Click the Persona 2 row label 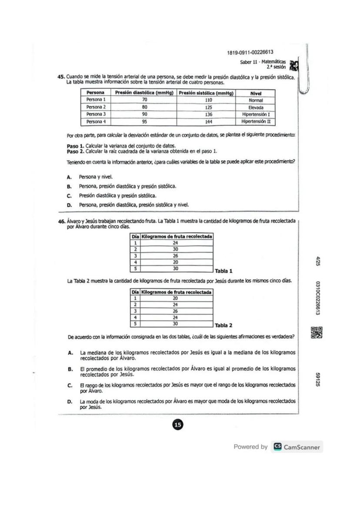tap(96, 107)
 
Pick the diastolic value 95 tap(145, 122)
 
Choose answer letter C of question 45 tap(69, 196)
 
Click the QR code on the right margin tap(317, 332)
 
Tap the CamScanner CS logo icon tap(277, 447)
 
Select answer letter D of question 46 tap(70, 402)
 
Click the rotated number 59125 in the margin tap(318, 379)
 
